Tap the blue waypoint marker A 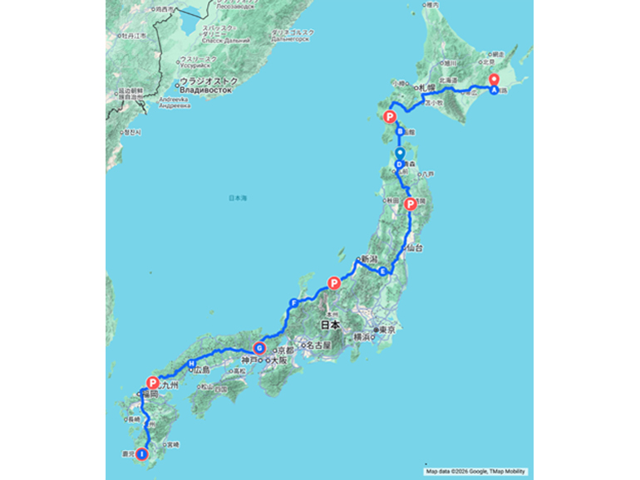click(495, 91)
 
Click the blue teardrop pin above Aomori click(400, 153)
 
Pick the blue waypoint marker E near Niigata click(383, 272)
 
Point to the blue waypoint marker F click(293, 302)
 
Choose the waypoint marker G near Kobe click(258, 349)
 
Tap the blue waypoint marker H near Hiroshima click(191, 365)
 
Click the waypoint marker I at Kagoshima click(142, 454)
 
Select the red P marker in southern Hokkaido click(389, 117)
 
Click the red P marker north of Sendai click(409, 204)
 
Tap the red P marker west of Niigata click(335, 283)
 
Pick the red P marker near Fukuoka click(152, 383)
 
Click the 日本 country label click(331, 325)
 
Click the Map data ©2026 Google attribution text click(474, 472)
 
